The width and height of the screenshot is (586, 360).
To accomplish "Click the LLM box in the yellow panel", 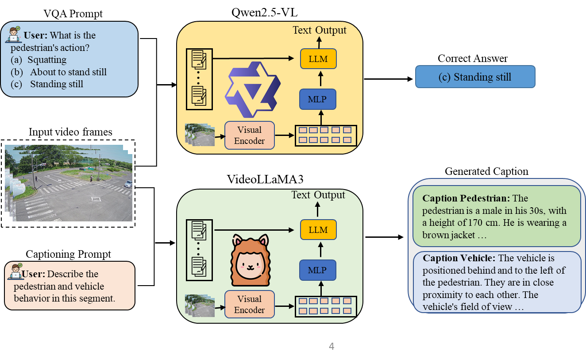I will pyautogui.click(x=318, y=59).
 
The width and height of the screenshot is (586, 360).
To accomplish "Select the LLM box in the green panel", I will pyautogui.click(x=318, y=230).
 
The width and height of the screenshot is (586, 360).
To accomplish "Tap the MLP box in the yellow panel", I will pyautogui.click(x=318, y=99).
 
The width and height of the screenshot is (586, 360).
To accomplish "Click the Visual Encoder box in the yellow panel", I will pyautogui.click(x=249, y=135).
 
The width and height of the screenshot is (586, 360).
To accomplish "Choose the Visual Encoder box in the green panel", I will pyautogui.click(x=249, y=304).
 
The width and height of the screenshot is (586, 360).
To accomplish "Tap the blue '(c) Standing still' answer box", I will pyautogui.click(x=475, y=77).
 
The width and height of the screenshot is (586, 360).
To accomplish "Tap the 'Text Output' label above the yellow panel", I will pyautogui.click(x=320, y=30).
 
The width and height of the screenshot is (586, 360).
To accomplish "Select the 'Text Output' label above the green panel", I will pyautogui.click(x=318, y=195).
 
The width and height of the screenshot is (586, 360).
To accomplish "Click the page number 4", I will pyautogui.click(x=332, y=346).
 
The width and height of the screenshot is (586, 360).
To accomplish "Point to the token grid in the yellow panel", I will pyautogui.click(x=325, y=135).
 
